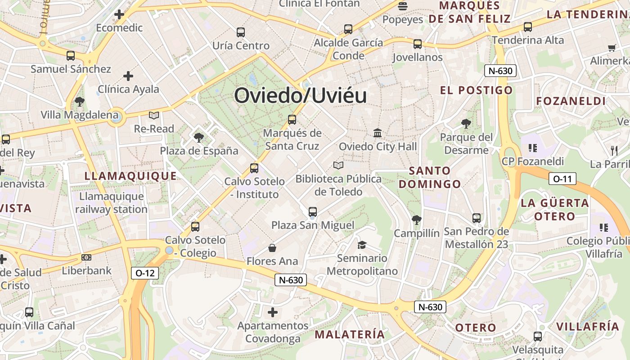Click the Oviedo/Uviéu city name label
(x=300, y=96)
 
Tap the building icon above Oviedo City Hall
(x=378, y=133)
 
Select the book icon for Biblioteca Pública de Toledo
(x=338, y=166)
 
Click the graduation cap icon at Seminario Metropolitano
(x=362, y=245)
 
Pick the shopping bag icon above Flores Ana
(x=272, y=248)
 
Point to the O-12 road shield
(x=145, y=273)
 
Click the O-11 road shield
(x=562, y=179)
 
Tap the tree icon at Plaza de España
(x=198, y=137)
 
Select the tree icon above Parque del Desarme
(x=466, y=123)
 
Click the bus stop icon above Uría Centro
(x=241, y=32)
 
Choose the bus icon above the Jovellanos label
(x=418, y=44)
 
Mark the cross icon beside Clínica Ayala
(x=128, y=76)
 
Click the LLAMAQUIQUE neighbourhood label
(x=130, y=176)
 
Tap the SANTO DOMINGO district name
(x=430, y=177)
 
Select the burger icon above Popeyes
(x=403, y=6)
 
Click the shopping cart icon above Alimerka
(x=612, y=47)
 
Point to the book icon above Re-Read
(x=154, y=116)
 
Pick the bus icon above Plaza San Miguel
(x=313, y=211)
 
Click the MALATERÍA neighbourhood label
(x=350, y=334)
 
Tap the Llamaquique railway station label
(x=111, y=203)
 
